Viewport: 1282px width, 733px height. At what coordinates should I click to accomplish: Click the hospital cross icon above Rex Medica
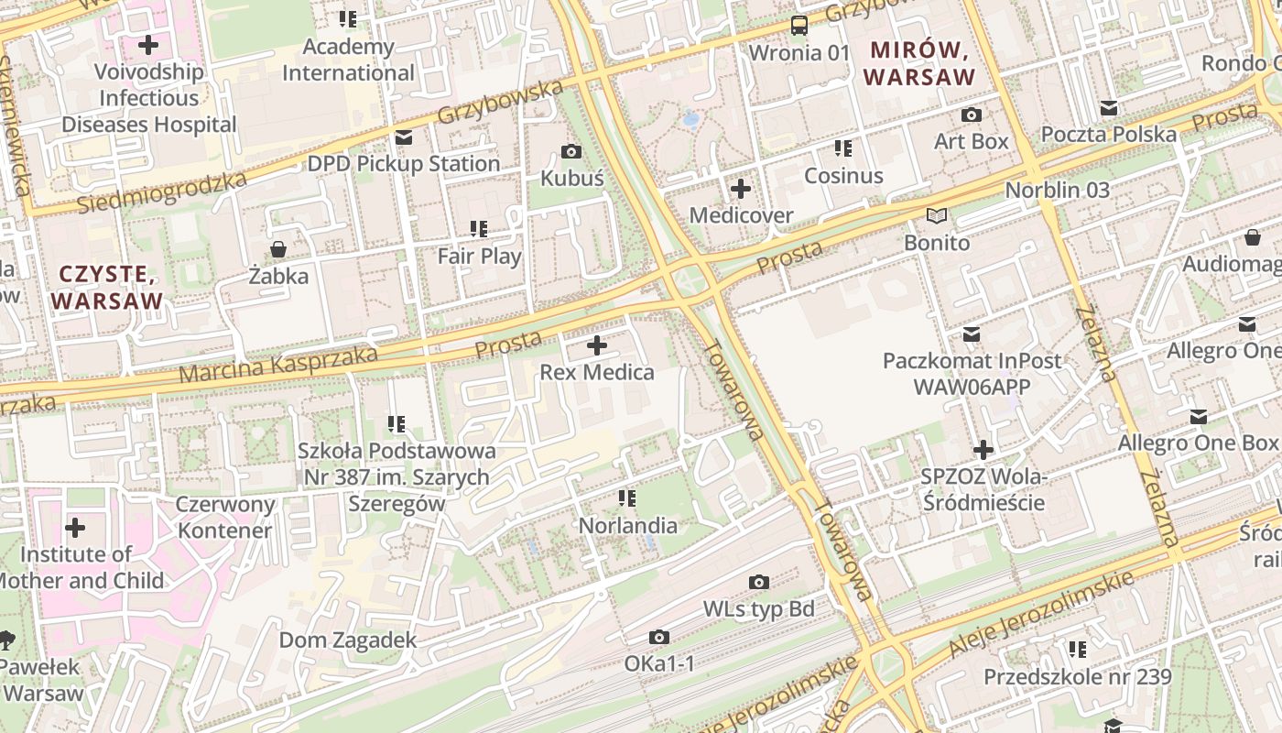[x=597, y=345]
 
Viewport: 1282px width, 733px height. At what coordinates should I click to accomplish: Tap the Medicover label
[x=741, y=215]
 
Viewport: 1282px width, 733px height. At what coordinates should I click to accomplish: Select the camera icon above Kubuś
[x=571, y=151]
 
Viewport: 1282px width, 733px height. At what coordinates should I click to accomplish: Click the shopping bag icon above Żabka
[x=278, y=249]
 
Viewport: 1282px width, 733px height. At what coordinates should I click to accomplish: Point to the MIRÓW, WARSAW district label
[x=919, y=63]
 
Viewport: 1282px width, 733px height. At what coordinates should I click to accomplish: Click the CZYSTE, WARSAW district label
[x=107, y=287]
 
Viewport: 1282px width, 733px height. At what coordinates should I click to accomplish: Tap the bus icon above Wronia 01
[x=799, y=25]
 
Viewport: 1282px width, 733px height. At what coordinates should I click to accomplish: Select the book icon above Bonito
[x=936, y=216]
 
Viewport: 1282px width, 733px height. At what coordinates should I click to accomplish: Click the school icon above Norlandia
[x=627, y=498]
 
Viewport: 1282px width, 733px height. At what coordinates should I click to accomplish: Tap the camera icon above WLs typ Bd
[x=758, y=582]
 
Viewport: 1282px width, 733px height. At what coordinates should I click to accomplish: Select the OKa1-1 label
[x=659, y=662]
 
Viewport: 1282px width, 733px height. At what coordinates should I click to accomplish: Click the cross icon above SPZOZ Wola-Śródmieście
[x=983, y=450]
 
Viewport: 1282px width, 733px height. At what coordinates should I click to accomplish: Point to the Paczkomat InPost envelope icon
[x=972, y=334]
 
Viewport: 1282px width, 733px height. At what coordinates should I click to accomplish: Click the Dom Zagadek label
[x=348, y=640]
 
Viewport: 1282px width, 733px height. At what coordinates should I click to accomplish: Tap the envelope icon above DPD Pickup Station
[x=403, y=137]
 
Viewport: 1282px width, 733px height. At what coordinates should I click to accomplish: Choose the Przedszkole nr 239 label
[x=1077, y=677]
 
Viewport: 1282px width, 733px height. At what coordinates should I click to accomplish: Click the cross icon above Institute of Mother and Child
[x=75, y=528]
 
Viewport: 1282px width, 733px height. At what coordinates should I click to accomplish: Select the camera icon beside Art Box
[x=972, y=115]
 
